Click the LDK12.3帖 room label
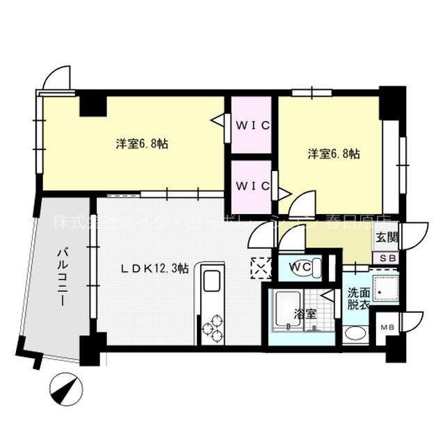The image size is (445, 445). point(154,268)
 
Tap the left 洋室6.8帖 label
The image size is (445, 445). point(141,144)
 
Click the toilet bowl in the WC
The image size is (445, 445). point(316,266)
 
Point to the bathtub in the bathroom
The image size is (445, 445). point(286,311)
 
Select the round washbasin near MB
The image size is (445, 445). point(355,332)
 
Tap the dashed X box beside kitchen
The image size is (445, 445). point(260,268)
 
